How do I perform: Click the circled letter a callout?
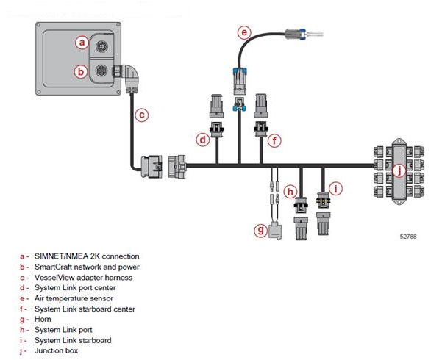(x=82, y=43)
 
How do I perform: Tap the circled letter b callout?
(x=81, y=71)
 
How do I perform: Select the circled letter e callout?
(x=244, y=32)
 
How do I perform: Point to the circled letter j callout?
(x=399, y=170)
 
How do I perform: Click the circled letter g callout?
(x=261, y=230)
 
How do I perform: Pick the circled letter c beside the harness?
(x=141, y=115)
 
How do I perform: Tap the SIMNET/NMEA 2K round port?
(x=101, y=46)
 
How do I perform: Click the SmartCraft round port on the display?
(x=101, y=71)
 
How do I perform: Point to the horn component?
(x=275, y=231)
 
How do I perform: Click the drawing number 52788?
(x=408, y=237)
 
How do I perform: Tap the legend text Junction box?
(x=56, y=350)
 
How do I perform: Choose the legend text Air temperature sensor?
(x=74, y=298)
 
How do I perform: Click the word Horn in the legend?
(x=43, y=319)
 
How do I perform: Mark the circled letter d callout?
(x=203, y=140)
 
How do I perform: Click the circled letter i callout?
(x=335, y=189)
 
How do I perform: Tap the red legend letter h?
(x=22, y=330)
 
